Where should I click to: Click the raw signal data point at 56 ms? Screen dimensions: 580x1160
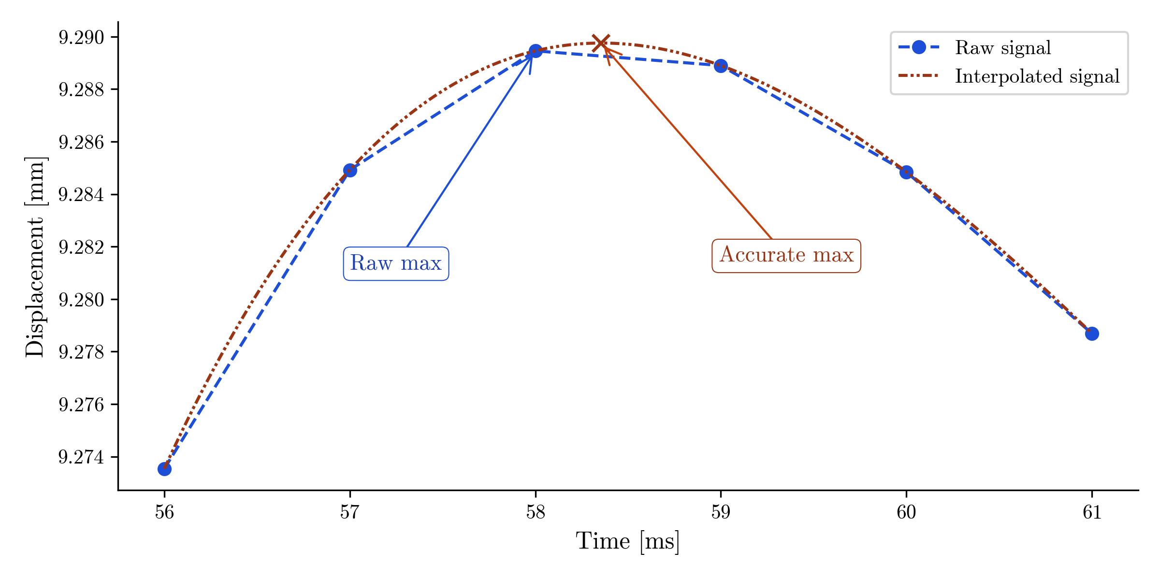point(164,469)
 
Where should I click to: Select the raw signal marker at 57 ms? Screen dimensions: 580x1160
point(350,170)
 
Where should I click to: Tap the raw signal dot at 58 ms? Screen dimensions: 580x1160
point(535,51)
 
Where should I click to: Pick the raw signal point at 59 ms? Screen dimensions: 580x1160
point(721,66)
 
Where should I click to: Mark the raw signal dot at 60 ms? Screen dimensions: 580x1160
point(906,172)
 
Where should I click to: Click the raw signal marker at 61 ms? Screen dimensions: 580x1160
point(1091,333)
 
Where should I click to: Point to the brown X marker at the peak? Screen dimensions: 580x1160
point(600,43)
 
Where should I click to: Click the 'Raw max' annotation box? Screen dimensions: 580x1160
point(396,263)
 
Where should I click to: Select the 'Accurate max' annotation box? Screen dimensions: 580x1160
point(786,255)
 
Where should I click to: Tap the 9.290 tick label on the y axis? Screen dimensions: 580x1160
point(81,37)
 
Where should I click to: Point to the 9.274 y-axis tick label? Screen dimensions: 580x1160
point(81,457)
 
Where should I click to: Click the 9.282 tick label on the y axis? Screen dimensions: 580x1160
point(81,247)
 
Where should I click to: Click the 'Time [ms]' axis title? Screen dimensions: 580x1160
point(627,541)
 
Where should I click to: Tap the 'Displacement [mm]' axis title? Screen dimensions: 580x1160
point(35,257)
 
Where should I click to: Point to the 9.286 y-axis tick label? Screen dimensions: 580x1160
point(81,142)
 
